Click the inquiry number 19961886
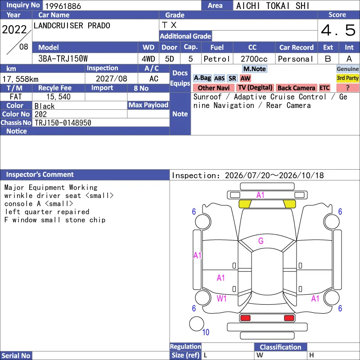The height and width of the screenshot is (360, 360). click(x=63, y=6)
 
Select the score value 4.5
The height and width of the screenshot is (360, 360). click(x=338, y=30)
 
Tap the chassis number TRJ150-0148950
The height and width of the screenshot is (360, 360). click(x=63, y=123)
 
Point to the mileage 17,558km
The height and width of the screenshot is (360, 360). click(x=20, y=79)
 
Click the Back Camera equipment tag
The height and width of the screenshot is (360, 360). click(x=296, y=88)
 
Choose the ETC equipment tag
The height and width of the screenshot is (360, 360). click(x=324, y=88)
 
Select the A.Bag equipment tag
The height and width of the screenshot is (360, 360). click(x=202, y=78)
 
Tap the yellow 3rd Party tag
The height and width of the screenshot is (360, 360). click(x=347, y=78)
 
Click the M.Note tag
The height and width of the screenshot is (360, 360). click(x=255, y=69)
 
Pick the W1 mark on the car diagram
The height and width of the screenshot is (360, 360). click(x=221, y=298)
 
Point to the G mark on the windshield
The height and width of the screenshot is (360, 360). click(x=261, y=241)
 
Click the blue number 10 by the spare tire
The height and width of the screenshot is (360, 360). click(x=206, y=332)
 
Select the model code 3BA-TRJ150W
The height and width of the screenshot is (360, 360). click(x=63, y=59)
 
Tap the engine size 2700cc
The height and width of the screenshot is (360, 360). click(x=254, y=59)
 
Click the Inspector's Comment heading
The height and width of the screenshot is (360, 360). click(x=40, y=175)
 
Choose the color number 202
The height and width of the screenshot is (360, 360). click(x=40, y=114)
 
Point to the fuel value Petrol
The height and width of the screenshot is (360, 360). click(x=216, y=59)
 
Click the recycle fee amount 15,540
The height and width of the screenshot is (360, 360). click(x=58, y=97)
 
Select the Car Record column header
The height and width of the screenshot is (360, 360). click(x=297, y=48)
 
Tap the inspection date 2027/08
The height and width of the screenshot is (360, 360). click(x=111, y=79)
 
